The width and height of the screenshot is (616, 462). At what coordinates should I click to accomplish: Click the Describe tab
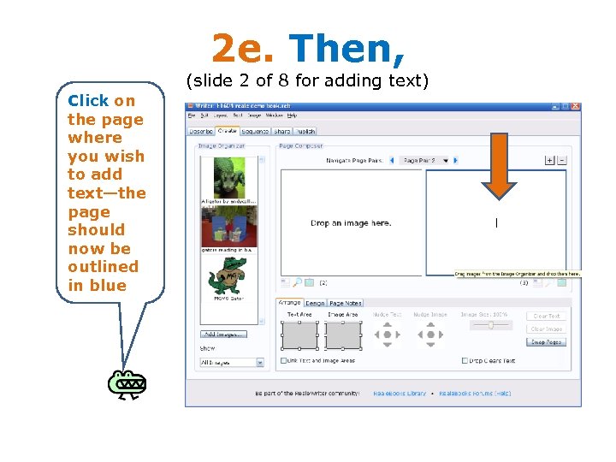(x=201, y=132)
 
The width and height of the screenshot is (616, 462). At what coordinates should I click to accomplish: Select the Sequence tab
(x=255, y=132)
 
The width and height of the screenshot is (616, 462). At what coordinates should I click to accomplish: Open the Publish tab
(x=305, y=132)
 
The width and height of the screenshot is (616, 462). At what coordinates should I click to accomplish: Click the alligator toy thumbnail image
(x=228, y=177)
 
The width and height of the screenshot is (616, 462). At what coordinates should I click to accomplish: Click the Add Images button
(x=223, y=334)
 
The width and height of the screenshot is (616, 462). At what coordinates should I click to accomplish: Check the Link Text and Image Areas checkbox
(x=284, y=361)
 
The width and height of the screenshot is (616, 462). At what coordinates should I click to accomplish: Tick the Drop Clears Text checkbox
(x=465, y=361)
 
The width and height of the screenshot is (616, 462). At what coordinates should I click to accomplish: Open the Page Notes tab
(x=346, y=303)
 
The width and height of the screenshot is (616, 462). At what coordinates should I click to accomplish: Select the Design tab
(x=315, y=303)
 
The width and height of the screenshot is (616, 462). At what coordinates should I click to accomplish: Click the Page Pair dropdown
(x=425, y=160)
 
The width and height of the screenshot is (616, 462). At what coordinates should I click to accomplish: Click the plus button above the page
(x=549, y=160)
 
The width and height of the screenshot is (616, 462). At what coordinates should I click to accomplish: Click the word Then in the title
(x=346, y=48)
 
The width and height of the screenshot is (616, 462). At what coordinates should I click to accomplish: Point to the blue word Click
(x=88, y=101)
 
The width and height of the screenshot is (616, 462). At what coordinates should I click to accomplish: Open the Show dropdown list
(x=232, y=363)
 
